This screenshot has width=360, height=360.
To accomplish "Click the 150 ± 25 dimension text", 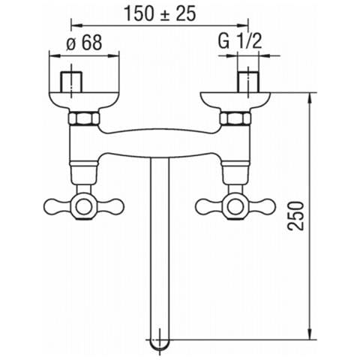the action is click(x=160, y=13).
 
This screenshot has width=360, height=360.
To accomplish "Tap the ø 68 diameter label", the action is click(x=85, y=42).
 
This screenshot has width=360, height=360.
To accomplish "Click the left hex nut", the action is click(x=84, y=118).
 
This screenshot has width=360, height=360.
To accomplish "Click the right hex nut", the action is click(x=235, y=118).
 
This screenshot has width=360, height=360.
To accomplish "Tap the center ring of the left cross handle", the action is click(x=83, y=206).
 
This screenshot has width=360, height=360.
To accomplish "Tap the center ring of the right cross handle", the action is click(x=235, y=206).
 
